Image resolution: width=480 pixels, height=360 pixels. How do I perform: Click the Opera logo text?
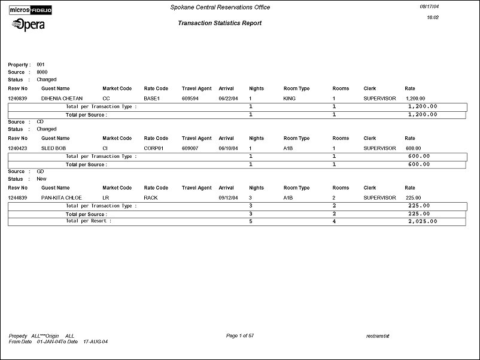pyautogui.click(x=28, y=25)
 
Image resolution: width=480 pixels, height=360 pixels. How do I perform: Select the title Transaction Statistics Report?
pyautogui.click(x=220, y=23)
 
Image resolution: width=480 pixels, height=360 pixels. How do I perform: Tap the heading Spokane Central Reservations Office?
pyautogui.click(x=219, y=8)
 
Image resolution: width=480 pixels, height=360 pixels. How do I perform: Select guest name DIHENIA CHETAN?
pyautogui.click(x=62, y=98)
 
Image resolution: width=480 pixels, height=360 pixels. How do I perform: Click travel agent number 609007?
pyautogui.click(x=191, y=148)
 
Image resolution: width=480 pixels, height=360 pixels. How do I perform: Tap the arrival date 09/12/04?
pyautogui.click(x=229, y=197)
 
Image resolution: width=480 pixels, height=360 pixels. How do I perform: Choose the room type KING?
pyautogui.click(x=290, y=98)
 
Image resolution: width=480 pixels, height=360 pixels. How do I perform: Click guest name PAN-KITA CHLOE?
pyautogui.click(x=62, y=197)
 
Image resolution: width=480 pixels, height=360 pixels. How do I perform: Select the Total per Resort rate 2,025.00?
pyautogui.click(x=422, y=221)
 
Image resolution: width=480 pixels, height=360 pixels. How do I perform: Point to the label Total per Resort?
pyautogui.click(x=89, y=221)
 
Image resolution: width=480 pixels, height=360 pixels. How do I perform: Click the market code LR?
pyautogui.click(x=105, y=197)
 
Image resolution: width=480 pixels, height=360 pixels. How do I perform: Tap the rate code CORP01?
pyautogui.click(x=154, y=148)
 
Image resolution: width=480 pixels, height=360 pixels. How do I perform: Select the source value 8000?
pyautogui.click(x=42, y=72)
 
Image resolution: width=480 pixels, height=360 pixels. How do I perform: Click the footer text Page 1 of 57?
pyautogui.click(x=240, y=336)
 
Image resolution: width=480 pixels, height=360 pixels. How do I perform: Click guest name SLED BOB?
pyautogui.click(x=52, y=148)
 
